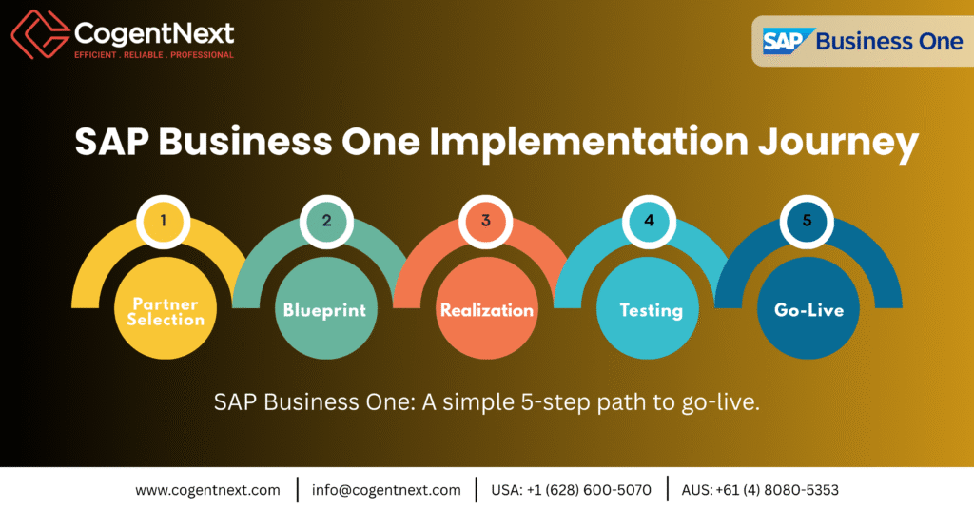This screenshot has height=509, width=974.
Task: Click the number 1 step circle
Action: (x=164, y=221)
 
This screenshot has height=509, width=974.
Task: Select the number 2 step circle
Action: (x=326, y=221)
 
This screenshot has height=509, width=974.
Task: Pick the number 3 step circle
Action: (x=486, y=221)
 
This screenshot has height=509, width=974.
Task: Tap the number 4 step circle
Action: (x=650, y=221)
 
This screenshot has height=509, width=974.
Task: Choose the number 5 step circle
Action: (x=808, y=221)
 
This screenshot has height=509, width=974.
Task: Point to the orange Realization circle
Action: (x=486, y=310)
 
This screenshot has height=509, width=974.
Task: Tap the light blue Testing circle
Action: (x=651, y=310)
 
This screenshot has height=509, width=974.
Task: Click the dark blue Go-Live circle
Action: (x=808, y=310)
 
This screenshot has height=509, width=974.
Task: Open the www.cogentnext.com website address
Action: (x=207, y=490)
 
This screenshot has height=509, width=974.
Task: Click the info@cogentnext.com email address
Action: (x=386, y=490)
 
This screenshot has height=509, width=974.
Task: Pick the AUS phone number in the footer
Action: (x=783, y=490)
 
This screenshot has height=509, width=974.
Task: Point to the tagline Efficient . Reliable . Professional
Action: (x=153, y=55)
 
